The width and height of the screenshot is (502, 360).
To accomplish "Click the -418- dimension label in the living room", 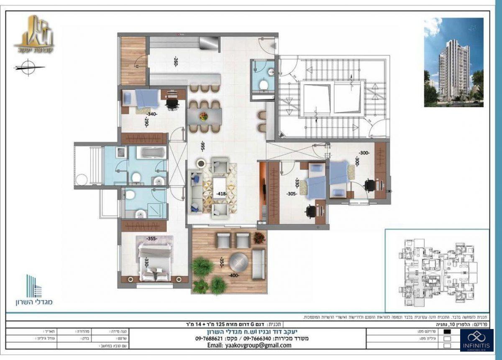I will pos(222,194).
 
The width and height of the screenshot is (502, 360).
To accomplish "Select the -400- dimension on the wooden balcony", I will pos(234,276).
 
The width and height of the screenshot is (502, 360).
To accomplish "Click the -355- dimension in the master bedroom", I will pos(151,239).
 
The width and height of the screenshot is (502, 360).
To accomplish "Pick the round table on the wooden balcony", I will pos(238,262).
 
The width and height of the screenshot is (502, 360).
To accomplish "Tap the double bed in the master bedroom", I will pos(155,262).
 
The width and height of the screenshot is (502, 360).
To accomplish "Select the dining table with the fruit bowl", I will pos(203,116).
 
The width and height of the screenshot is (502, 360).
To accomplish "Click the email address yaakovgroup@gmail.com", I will pos(256,345).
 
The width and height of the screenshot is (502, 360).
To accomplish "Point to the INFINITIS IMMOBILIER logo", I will pos(476,340).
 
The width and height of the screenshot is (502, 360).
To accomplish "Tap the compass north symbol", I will pos(28,67).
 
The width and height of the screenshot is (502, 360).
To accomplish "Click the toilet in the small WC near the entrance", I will pos(264,85).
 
